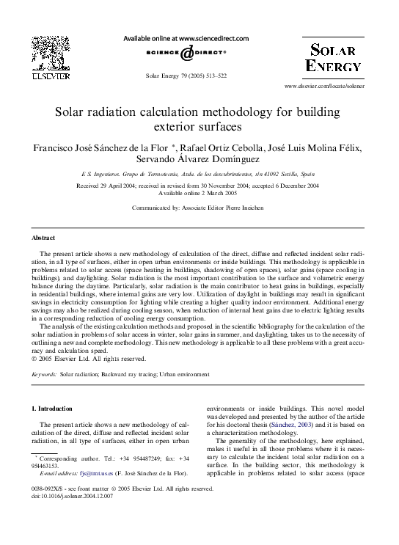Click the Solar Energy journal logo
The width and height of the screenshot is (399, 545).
334,58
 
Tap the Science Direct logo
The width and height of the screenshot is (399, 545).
186,54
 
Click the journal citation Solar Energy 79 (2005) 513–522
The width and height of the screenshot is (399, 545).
186,76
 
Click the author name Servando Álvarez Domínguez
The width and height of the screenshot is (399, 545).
199,159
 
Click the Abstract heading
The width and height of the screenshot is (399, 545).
43,238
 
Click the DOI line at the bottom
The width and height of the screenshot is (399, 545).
73,497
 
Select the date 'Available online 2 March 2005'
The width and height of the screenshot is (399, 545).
198,193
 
